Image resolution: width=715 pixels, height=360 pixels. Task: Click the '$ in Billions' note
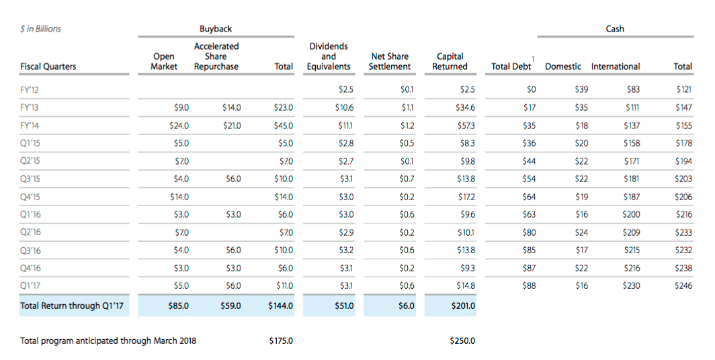(x=41, y=29)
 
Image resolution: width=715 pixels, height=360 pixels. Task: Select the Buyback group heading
(x=216, y=29)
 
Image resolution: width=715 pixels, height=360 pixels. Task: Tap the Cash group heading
(x=614, y=29)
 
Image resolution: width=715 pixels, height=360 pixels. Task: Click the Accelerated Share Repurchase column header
(x=216, y=56)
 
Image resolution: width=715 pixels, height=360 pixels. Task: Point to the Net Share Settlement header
(x=390, y=62)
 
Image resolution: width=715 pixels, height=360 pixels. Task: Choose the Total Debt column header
(x=511, y=66)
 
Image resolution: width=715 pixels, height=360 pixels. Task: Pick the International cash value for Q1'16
(x=630, y=214)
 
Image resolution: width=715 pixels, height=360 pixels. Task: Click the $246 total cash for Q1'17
(x=683, y=285)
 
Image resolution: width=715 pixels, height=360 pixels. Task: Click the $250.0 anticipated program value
(x=463, y=341)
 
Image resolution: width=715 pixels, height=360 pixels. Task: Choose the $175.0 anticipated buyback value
(x=281, y=341)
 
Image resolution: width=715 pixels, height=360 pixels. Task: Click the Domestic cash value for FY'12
(x=581, y=89)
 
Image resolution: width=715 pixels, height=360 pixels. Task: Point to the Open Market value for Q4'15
(x=179, y=197)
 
